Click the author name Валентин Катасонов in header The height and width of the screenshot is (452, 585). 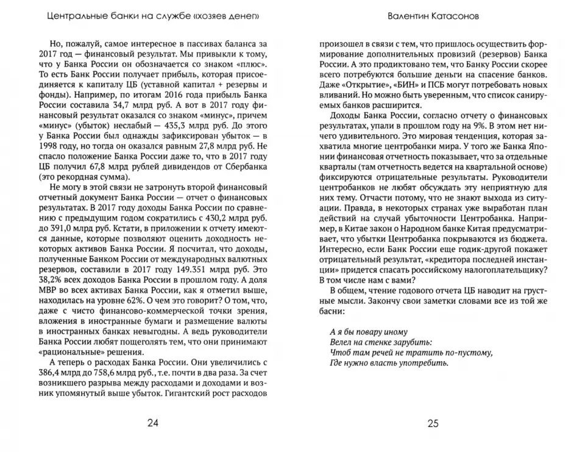(433, 16)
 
